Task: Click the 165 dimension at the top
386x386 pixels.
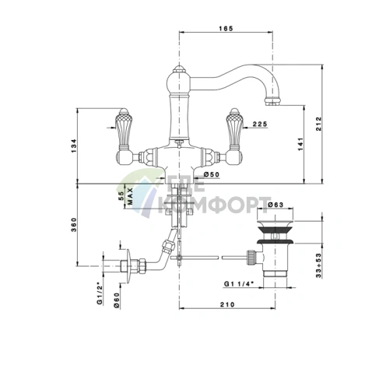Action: pyautogui.click(x=226, y=28)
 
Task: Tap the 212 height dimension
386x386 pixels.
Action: pyautogui.click(x=318, y=124)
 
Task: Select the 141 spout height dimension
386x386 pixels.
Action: pyautogui.click(x=300, y=144)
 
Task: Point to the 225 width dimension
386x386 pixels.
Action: pyautogui.click(x=260, y=125)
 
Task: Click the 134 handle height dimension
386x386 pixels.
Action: pyautogui.click(x=74, y=146)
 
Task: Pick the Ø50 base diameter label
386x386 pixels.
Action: pyautogui.click(x=212, y=174)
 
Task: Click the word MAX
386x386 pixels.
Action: pyautogui.click(x=130, y=196)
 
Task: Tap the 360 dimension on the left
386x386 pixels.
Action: pyautogui.click(x=74, y=225)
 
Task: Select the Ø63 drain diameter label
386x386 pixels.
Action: pyautogui.click(x=275, y=205)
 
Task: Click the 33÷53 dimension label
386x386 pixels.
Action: pyautogui.click(x=318, y=265)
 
